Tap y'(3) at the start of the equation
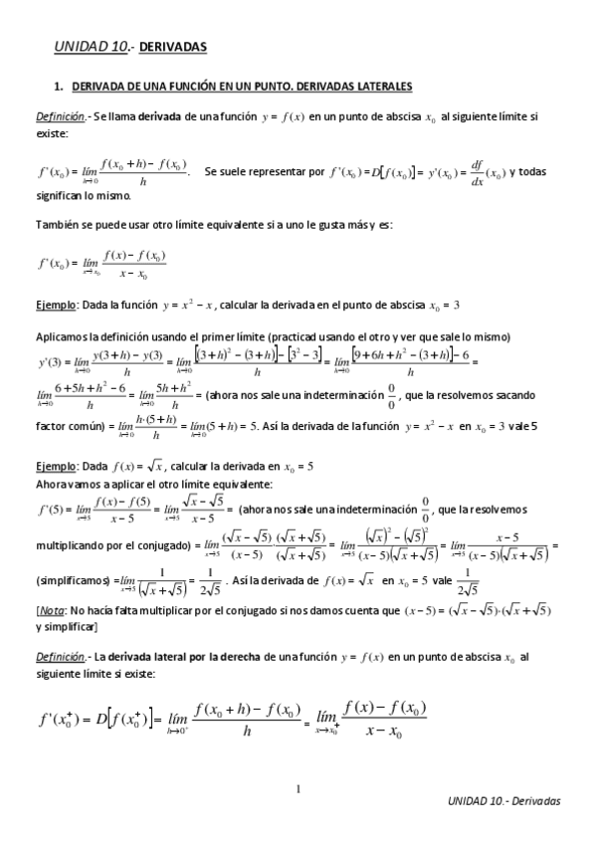(x=49, y=359)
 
